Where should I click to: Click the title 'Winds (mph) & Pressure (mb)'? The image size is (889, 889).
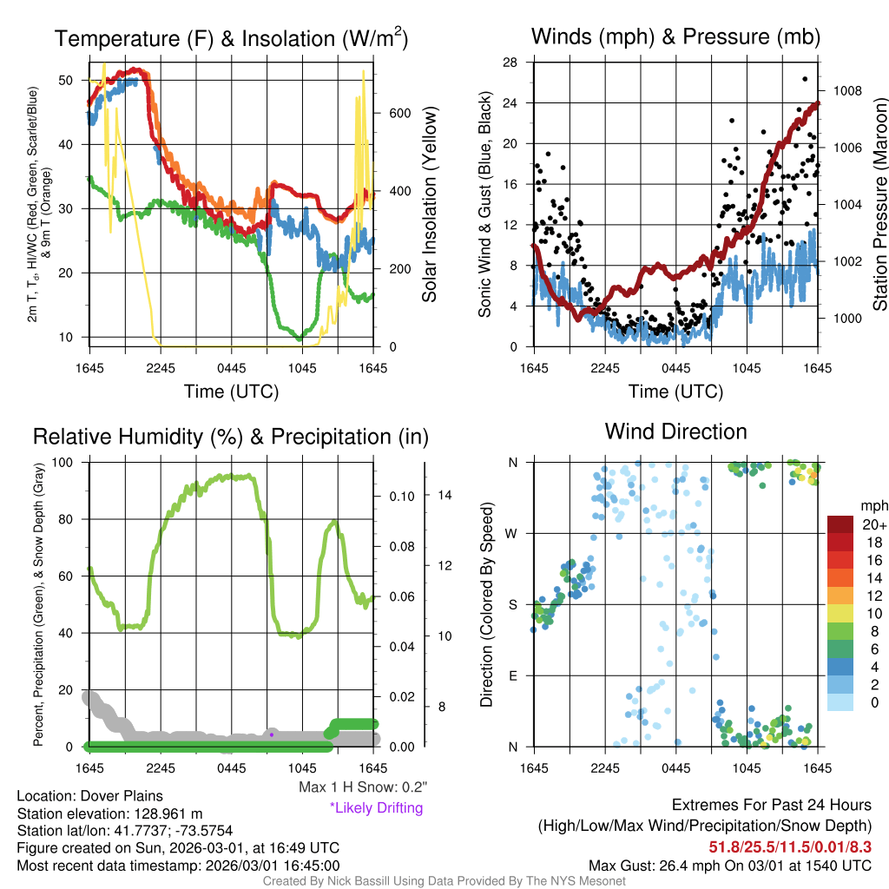click(x=675, y=36)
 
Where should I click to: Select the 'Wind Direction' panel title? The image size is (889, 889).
click(x=675, y=431)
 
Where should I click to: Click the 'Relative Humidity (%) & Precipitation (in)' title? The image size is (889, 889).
click(x=230, y=437)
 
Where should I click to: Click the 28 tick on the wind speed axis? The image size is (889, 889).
click(x=510, y=62)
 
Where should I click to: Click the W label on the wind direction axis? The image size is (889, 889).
click(x=513, y=533)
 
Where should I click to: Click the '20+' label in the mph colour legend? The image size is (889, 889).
click(x=874, y=524)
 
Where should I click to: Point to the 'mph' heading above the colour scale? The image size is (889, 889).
click(x=873, y=505)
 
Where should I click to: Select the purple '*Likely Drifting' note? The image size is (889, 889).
click(x=376, y=807)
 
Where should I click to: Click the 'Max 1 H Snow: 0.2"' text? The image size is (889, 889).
click(x=363, y=787)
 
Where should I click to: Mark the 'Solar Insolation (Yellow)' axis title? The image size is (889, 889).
click(x=429, y=204)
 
